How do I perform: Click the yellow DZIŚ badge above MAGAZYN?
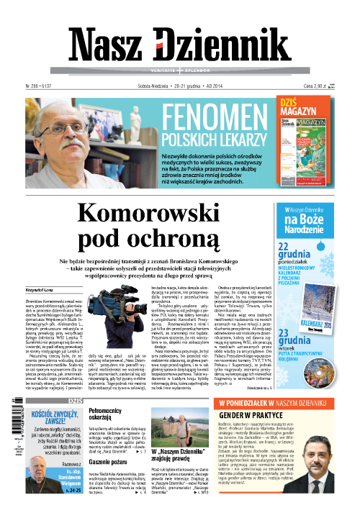(x=292, y=102)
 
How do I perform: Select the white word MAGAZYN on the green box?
(x=300, y=114)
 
